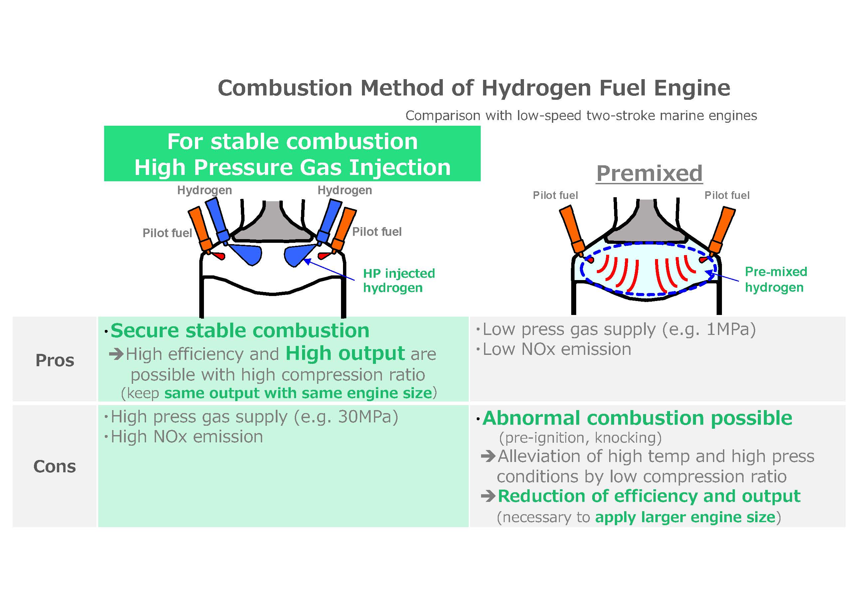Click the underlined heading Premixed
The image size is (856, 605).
[x=649, y=173]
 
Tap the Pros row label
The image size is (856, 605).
[x=55, y=360]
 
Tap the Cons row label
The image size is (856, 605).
[x=55, y=466]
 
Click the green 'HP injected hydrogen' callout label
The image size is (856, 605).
[x=399, y=280]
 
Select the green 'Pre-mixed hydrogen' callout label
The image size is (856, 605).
[x=775, y=279]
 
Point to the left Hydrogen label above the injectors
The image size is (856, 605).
[x=204, y=190]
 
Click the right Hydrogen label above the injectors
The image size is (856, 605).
[x=344, y=190]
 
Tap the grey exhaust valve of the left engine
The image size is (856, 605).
[x=273, y=224]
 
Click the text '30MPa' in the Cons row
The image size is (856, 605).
[x=368, y=417]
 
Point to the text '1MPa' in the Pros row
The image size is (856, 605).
[x=731, y=329]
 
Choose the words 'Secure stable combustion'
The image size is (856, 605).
[x=240, y=331]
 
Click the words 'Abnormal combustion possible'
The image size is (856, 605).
[x=637, y=418]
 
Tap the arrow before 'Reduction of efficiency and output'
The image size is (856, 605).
[x=488, y=496]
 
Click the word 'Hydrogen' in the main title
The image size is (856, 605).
[x=536, y=88]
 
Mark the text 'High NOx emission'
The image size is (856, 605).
[x=187, y=436]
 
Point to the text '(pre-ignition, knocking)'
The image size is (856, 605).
[x=580, y=438]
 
